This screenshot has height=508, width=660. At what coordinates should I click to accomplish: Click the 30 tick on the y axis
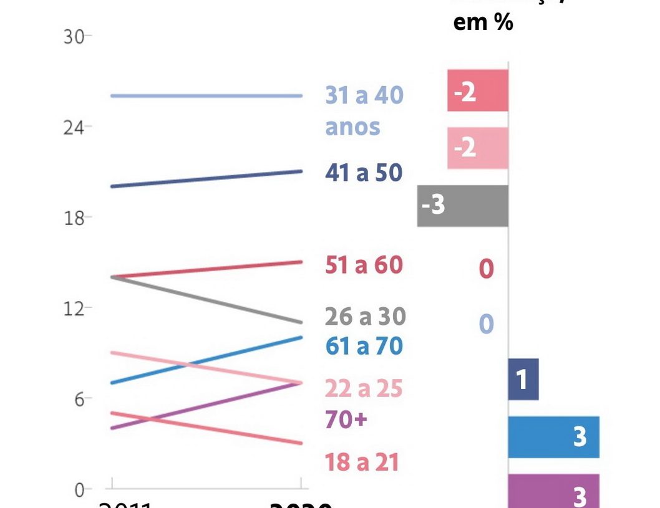pyautogui.click(x=74, y=37)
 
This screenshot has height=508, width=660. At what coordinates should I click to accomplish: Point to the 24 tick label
pyautogui.click(x=74, y=127)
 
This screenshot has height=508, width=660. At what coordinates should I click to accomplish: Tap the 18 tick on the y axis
pyautogui.click(x=74, y=218)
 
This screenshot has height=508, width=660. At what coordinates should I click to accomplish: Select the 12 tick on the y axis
pyautogui.click(x=74, y=309)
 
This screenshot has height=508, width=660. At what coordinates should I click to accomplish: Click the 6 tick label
pyautogui.click(x=79, y=399)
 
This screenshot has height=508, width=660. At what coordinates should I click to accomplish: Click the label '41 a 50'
pyautogui.click(x=364, y=173)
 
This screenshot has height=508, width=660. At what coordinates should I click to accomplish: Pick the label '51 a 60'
pyautogui.click(x=364, y=265)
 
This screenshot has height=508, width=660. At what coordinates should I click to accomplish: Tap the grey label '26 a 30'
pyautogui.click(x=365, y=317)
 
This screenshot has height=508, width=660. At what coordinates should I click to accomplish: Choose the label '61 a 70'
pyautogui.click(x=364, y=346)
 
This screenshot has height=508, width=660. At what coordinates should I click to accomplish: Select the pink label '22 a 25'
pyautogui.click(x=364, y=389)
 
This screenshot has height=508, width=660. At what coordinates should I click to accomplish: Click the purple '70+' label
pyautogui.click(x=346, y=419)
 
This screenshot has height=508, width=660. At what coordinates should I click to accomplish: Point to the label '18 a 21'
pyautogui.click(x=362, y=462)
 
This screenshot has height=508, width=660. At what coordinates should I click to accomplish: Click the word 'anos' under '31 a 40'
pyautogui.click(x=352, y=127)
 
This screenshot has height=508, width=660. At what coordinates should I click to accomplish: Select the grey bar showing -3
pyautogui.click(x=463, y=206)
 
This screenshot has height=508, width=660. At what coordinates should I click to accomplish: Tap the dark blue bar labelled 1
pyautogui.click(x=523, y=379)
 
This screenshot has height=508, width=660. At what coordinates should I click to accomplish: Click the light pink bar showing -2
pyautogui.click(x=478, y=148)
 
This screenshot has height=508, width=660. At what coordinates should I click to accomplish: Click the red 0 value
pyautogui.click(x=486, y=270)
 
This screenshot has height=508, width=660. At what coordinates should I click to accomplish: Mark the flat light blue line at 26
pyautogui.click(x=206, y=95)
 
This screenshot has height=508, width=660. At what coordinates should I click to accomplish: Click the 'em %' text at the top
pyautogui.click(x=483, y=22)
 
